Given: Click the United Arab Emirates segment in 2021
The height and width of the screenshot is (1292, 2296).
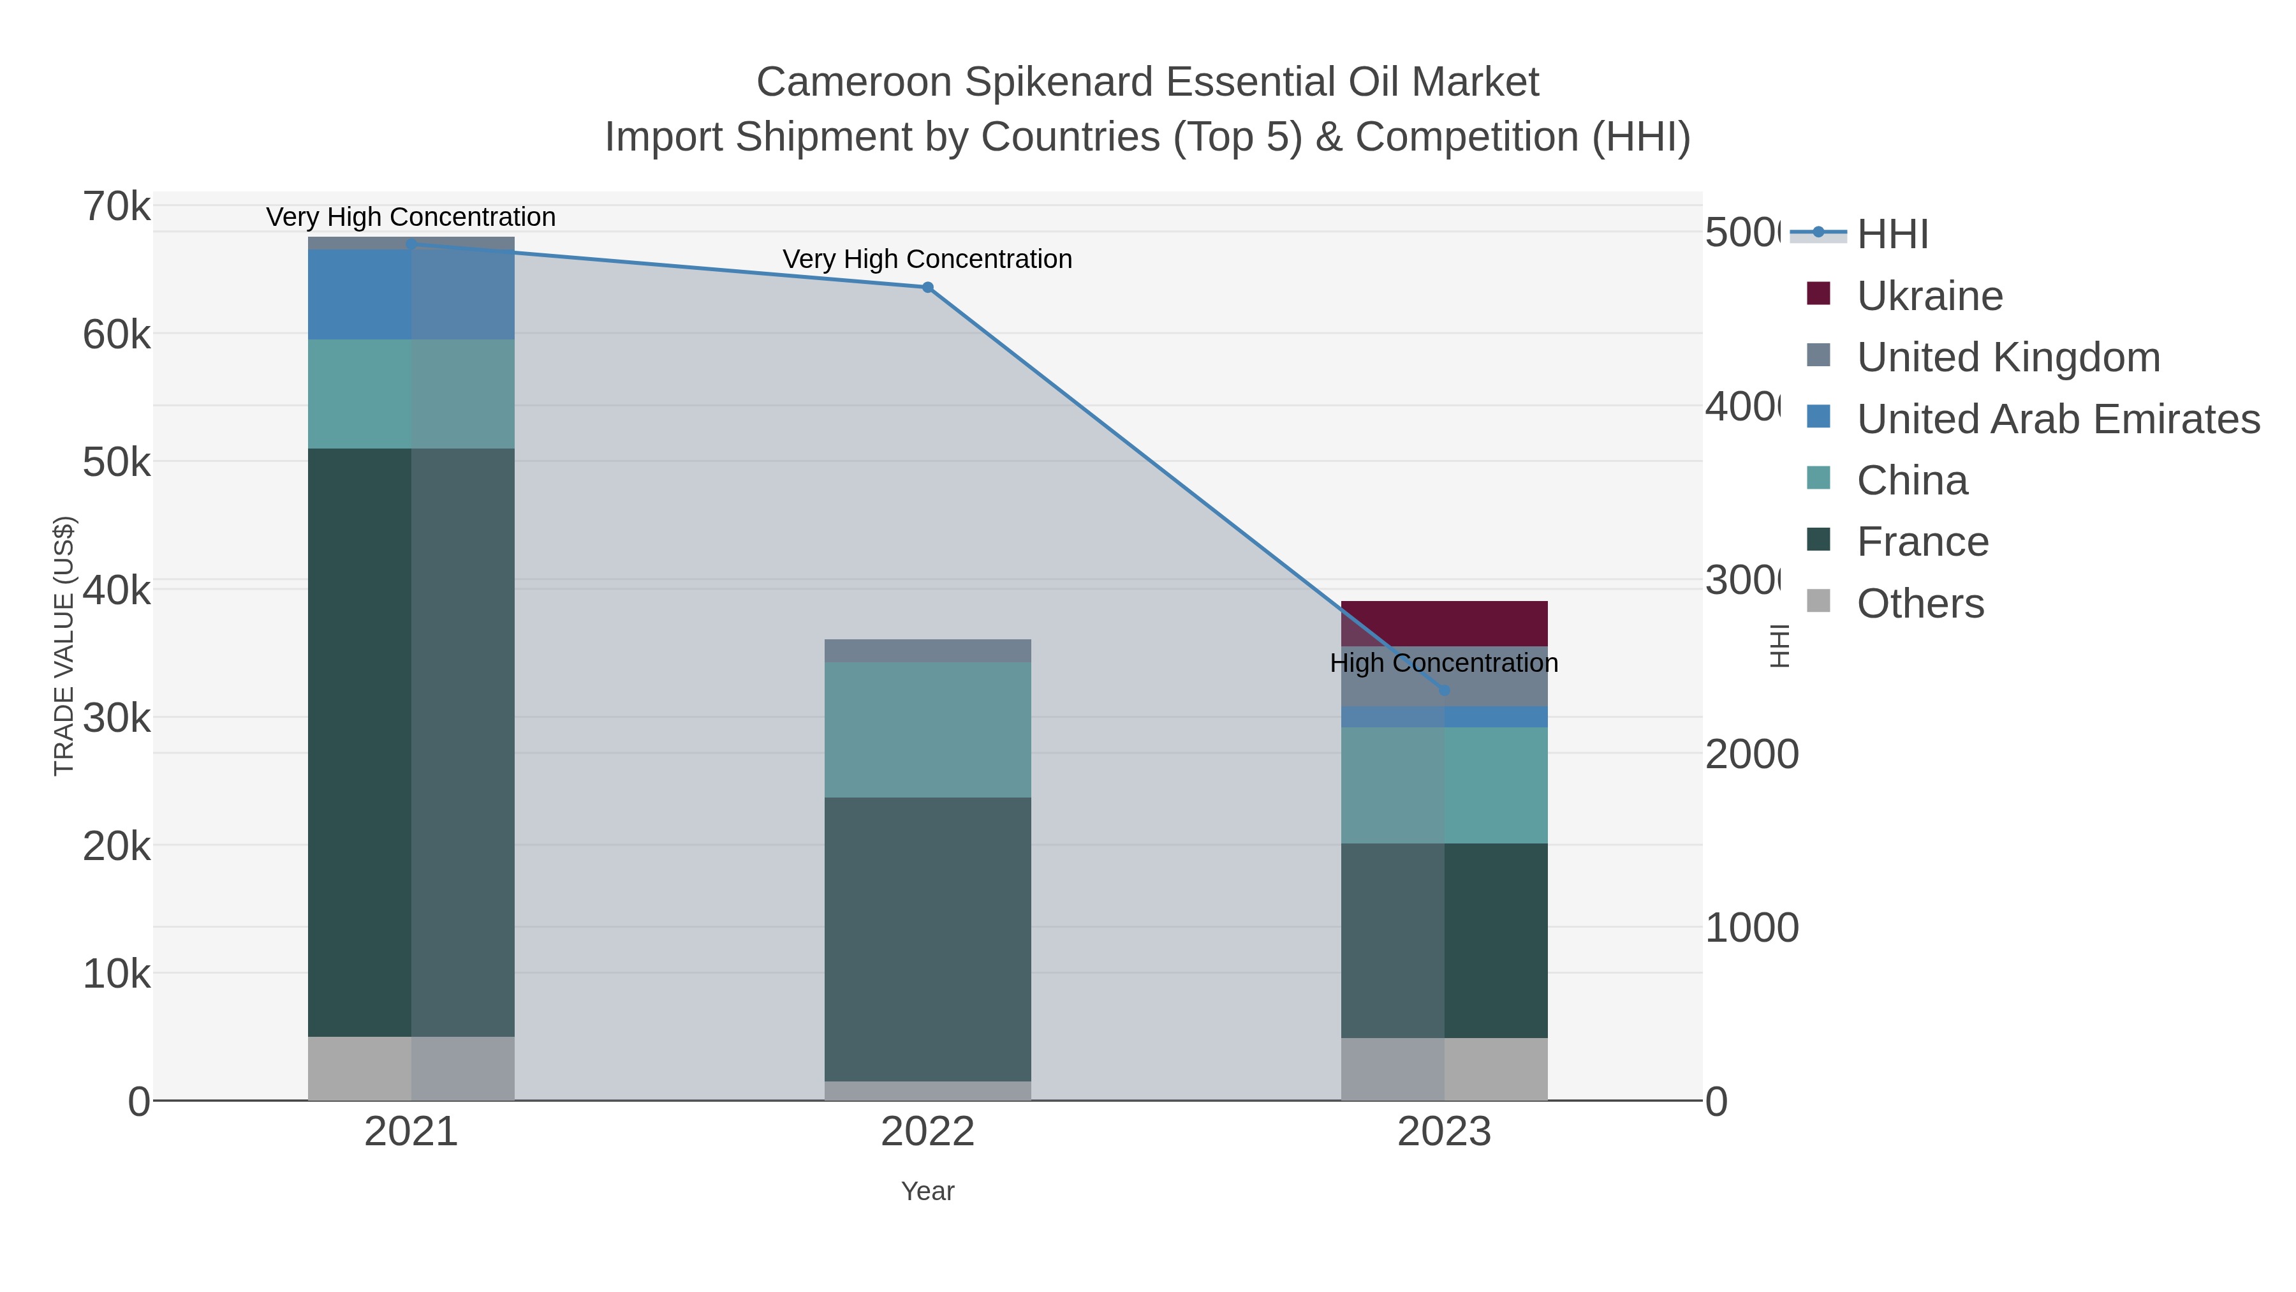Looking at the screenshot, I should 411,294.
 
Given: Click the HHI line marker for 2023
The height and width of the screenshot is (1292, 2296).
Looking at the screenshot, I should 1444,690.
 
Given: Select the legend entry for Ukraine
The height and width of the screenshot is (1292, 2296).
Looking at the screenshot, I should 1929,295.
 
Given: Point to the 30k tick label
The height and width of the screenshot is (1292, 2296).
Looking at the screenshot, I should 117,717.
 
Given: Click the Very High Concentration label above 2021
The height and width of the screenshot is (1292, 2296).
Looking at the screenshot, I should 411,217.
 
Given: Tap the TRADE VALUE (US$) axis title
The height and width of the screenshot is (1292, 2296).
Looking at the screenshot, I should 64,646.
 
